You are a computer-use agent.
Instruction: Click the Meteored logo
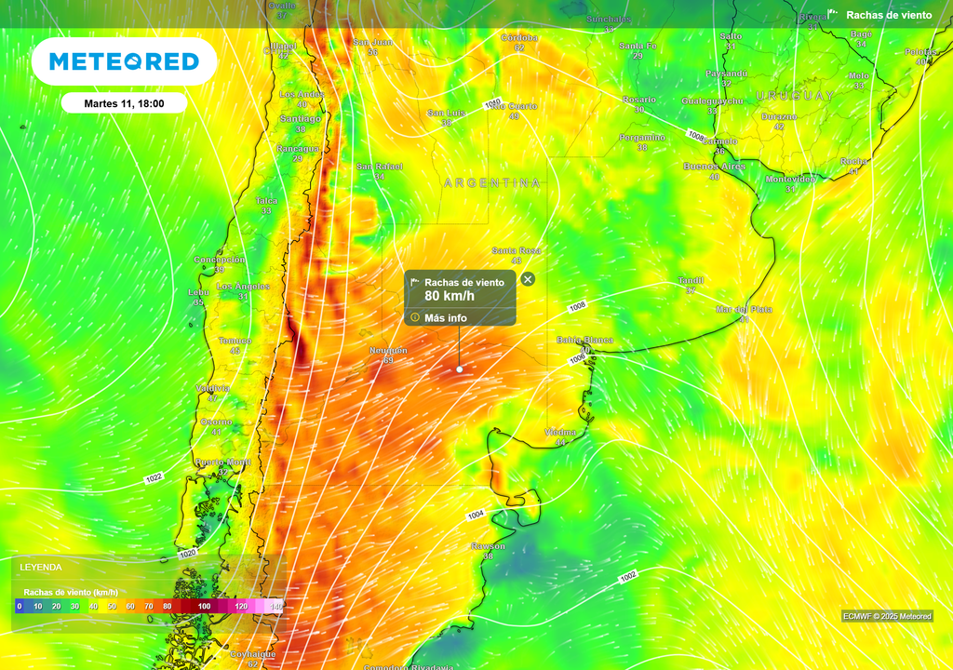tap(124, 61)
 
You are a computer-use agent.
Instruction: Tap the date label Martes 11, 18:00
tap(124, 103)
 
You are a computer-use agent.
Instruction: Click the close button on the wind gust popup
tap(528, 279)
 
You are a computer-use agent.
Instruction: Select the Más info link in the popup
tap(446, 317)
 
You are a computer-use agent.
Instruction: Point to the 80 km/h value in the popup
tap(450, 296)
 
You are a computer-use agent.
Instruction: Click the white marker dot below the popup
tap(459, 369)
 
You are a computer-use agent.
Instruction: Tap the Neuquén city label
tap(389, 351)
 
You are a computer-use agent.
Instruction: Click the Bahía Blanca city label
tap(584, 340)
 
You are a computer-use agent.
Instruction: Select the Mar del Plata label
tap(744, 309)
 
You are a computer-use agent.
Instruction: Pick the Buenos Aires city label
tap(714, 166)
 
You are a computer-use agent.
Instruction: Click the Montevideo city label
tap(789, 179)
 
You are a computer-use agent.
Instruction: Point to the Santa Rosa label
tap(516, 250)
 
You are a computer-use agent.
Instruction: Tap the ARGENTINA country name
tap(492, 183)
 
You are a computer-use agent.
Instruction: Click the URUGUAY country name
tap(795, 96)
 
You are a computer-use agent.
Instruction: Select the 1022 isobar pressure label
tap(154, 477)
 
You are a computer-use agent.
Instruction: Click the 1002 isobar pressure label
tap(628, 577)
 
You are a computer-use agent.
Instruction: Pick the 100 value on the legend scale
tap(204, 606)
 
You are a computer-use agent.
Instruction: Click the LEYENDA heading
tap(41, 567)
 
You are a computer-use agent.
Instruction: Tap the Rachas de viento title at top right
tap(888, 15)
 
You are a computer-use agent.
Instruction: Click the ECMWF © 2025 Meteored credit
tap(886, 616)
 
